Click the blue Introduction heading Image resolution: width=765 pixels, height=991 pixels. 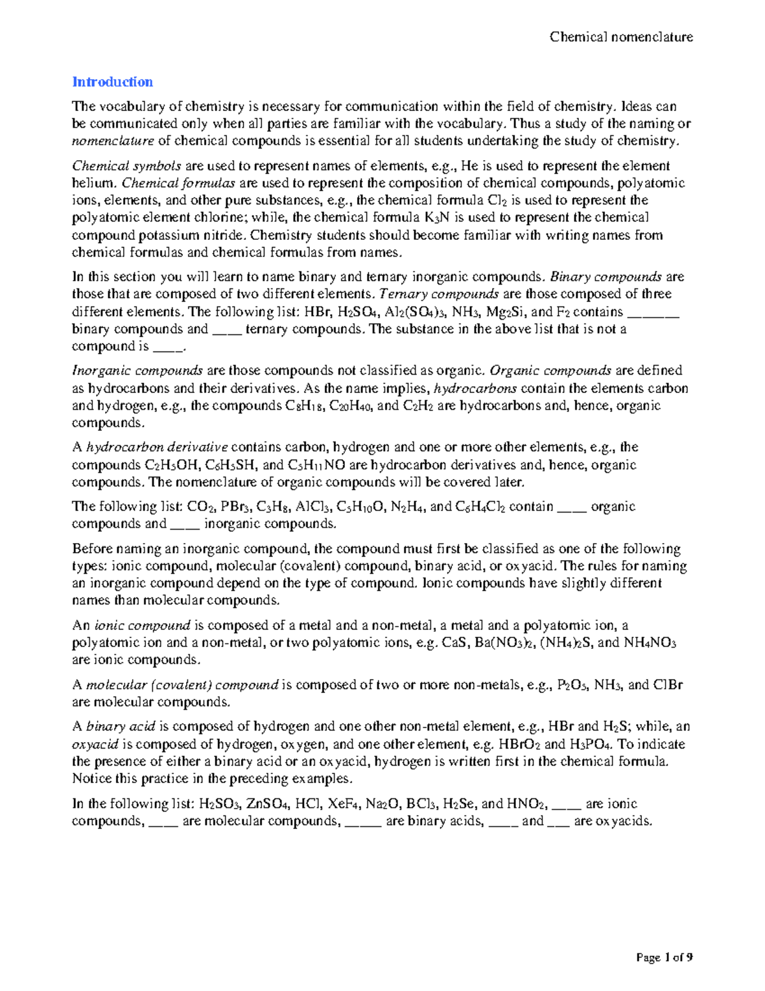coord(112,82)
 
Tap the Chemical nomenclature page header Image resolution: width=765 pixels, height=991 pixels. coord(621,37)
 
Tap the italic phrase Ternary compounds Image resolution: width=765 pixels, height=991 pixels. coord(439,294)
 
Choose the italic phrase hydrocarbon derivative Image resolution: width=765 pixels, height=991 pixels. coord(157,447)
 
